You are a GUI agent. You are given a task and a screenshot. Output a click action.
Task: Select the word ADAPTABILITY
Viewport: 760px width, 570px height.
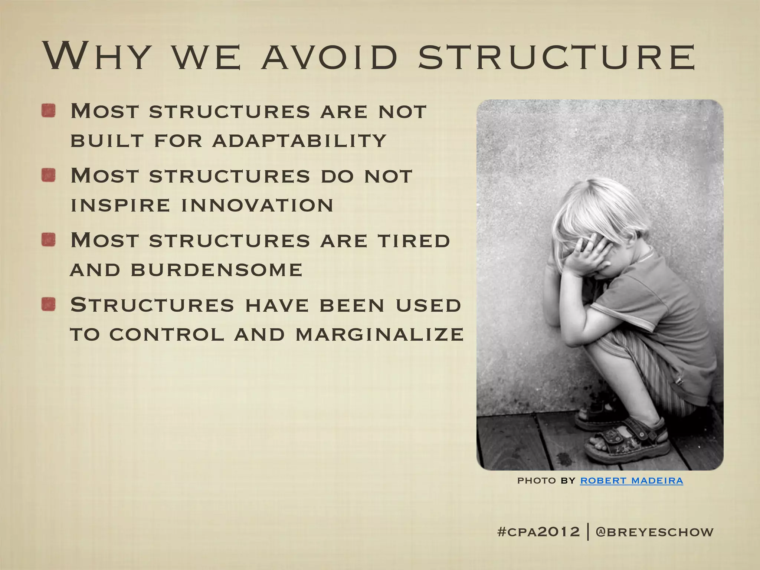point(299,141)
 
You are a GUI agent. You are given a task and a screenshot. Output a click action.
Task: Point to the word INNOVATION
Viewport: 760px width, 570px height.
point(257,205)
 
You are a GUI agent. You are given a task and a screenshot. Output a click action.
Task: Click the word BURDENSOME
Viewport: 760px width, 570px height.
point(216,270)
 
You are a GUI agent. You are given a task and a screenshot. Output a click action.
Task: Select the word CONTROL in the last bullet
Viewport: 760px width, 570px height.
point(167,334)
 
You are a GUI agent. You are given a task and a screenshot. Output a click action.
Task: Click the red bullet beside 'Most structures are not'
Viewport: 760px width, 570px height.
point(49,111)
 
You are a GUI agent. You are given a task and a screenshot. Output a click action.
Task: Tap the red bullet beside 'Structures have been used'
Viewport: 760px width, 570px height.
point(49,305)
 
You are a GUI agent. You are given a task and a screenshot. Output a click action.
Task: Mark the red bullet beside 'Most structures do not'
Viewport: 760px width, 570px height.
point(49,175)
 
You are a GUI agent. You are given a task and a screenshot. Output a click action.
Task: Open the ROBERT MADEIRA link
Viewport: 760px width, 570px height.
point(631,481)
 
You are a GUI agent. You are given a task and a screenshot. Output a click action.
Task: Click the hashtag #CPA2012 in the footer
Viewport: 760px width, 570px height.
point(538,532)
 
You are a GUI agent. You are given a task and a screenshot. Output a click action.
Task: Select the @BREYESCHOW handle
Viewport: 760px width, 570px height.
point(654,532)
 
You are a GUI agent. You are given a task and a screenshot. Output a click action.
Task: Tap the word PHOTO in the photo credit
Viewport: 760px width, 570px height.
point(536,481)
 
